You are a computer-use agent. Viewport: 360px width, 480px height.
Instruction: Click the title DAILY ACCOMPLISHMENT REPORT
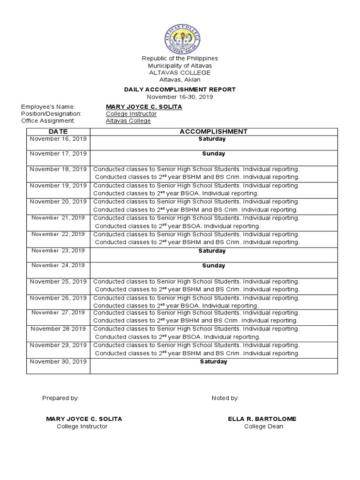tap(180, 90)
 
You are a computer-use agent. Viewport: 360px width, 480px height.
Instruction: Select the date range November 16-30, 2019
tap(180, 97)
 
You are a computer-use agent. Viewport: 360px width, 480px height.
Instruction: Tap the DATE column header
tap(58, 132)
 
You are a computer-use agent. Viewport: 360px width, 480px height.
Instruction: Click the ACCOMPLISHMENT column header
tap(213, 132)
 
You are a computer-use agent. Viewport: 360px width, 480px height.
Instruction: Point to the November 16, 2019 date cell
tap(58, 139)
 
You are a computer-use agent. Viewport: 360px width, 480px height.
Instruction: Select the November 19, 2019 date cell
tap(58, 186)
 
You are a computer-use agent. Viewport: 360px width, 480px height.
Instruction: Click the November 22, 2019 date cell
tap(58, 234)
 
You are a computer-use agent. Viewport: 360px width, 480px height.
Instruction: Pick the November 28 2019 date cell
tap(58, 329)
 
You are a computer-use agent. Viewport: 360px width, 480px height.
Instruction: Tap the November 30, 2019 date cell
tap(58, 361)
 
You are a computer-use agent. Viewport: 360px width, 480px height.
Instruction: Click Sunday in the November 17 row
tap(213, 154)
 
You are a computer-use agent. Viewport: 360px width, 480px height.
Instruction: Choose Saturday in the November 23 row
tap(212, 251)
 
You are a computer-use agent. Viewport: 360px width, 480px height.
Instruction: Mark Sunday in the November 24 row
tap(213, 266)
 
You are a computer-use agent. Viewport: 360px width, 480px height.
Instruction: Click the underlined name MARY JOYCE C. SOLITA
tap(144, 107)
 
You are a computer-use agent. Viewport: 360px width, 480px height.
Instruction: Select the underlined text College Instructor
tap(131, 114)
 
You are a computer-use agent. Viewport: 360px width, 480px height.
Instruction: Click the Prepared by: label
tap(60, 398)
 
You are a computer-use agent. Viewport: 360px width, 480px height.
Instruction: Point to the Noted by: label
tap(225, 398)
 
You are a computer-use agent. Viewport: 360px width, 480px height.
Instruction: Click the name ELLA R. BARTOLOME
tap(262, 419)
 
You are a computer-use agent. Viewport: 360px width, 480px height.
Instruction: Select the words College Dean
tap(263, 427)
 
